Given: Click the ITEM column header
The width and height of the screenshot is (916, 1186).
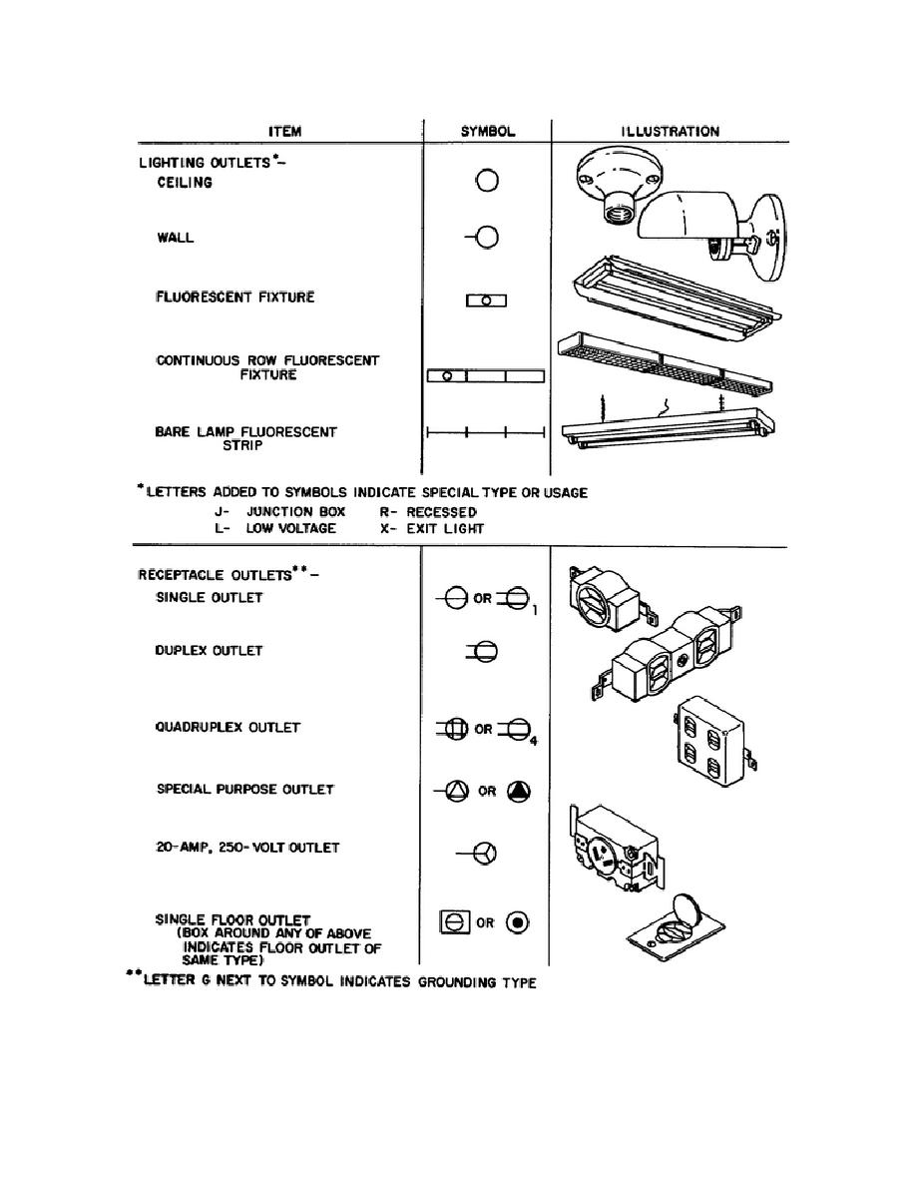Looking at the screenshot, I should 284,131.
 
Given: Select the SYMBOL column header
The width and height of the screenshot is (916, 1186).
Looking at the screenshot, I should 487,131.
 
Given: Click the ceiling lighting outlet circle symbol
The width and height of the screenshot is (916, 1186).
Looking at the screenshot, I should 487,181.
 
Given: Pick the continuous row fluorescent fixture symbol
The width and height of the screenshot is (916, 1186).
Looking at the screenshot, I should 485,376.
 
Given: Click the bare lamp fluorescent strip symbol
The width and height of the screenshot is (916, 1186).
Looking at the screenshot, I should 485,433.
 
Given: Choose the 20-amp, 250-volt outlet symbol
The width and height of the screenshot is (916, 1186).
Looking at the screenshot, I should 480,855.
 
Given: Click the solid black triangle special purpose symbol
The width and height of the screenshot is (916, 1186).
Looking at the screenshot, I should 519,791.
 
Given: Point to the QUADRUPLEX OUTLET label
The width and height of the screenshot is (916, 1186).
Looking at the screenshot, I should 228,728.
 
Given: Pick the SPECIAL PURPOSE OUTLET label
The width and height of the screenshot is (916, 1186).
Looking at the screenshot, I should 244,789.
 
